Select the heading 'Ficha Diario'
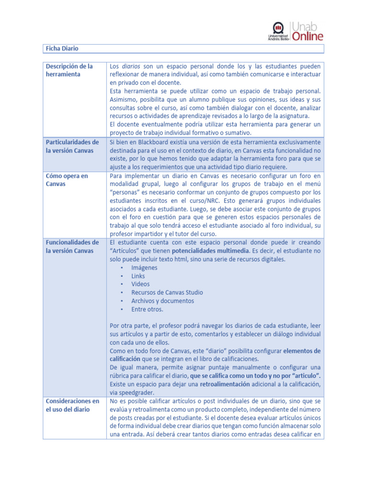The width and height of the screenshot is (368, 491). [62, 49]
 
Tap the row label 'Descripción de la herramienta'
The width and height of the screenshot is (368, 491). [69, 70]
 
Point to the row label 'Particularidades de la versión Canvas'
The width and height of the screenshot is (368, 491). [72, 146]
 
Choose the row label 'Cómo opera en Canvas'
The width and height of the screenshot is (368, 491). [67, 180]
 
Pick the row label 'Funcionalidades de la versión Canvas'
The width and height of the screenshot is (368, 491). [72, 246]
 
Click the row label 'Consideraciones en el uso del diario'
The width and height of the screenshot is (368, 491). [72, 405]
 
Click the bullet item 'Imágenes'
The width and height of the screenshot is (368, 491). [144, 268]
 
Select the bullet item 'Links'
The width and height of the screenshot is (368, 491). [138, 276]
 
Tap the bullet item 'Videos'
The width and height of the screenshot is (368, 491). [140, 284]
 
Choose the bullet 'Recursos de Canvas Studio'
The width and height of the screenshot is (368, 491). [167, 292]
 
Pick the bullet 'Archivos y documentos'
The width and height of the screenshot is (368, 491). [162, 301]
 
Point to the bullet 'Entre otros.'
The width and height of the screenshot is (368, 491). [147, 309]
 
